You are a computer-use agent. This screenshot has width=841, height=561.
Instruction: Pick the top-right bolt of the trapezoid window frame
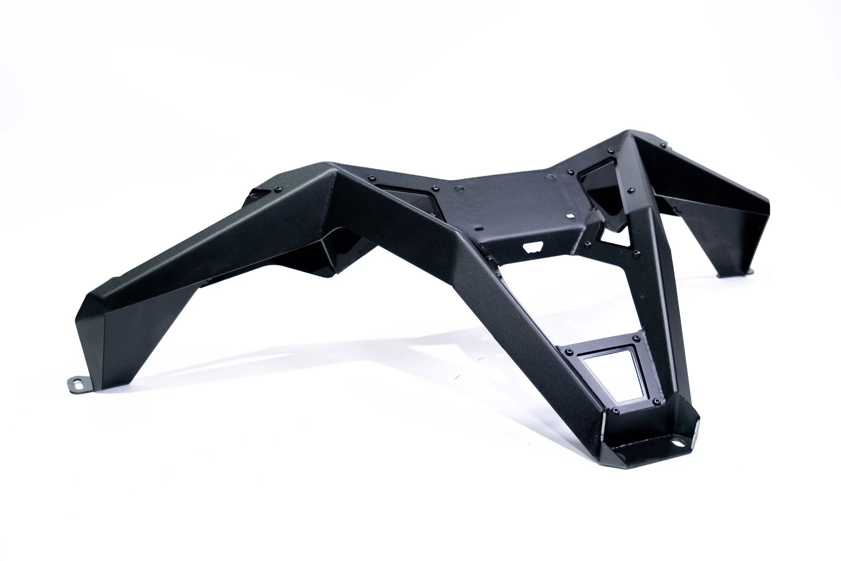(637, 337)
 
